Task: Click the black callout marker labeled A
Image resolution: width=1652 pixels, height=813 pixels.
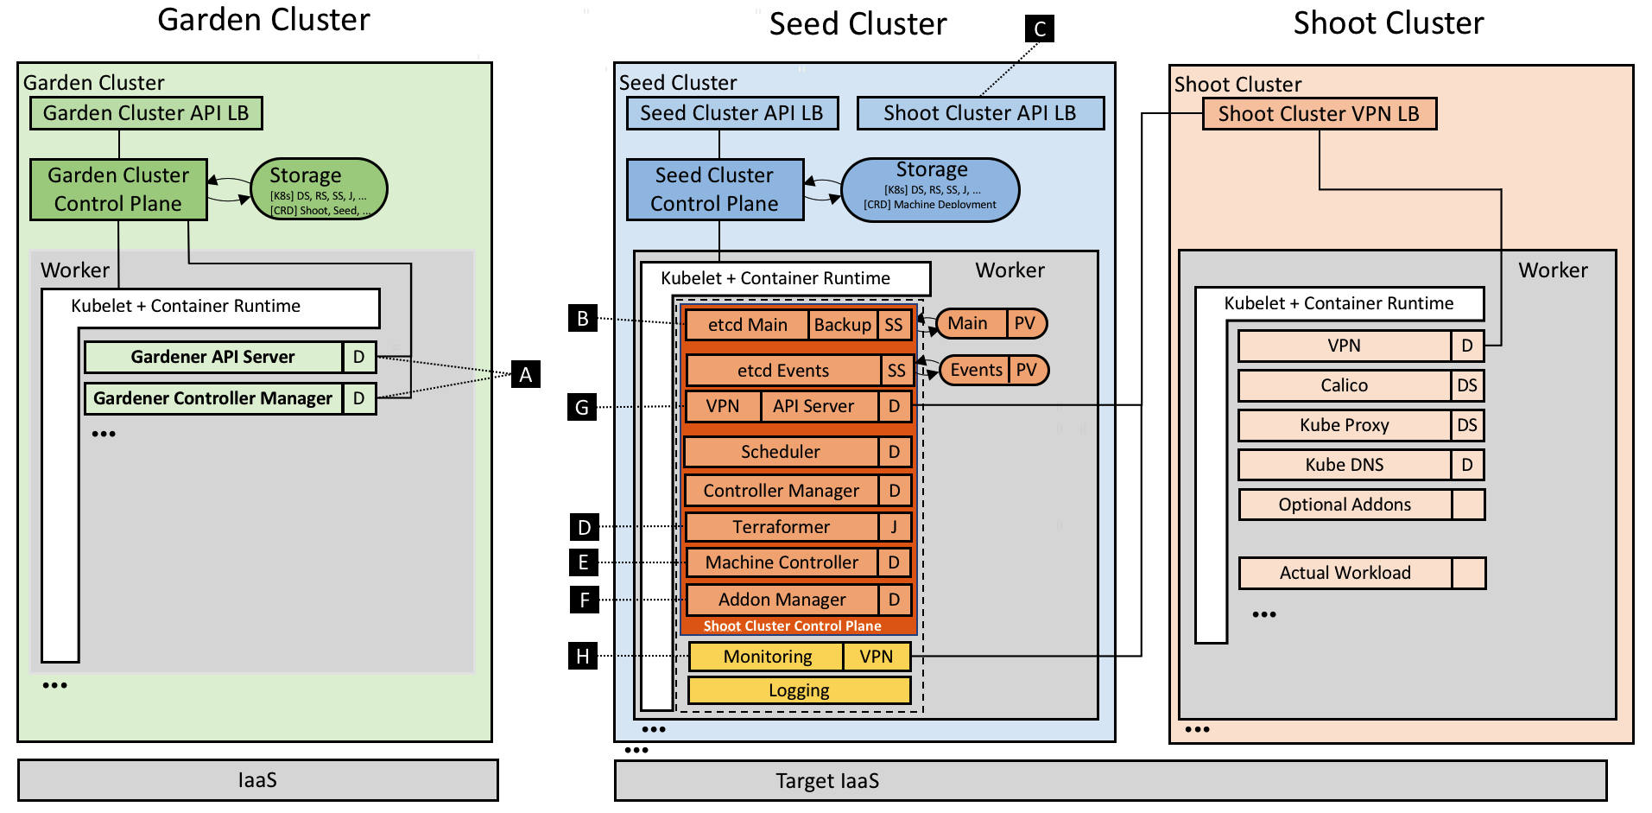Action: click(x=525, y=374)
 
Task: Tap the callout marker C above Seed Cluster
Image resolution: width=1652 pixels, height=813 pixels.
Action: click(x=1040, y=29)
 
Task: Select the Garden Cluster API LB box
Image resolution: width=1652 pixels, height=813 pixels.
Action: click(x=146, y=113)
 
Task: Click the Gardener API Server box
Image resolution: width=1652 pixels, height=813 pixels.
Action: click(x=213, y=357)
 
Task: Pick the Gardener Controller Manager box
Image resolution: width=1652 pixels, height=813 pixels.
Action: click(x=213, y=398)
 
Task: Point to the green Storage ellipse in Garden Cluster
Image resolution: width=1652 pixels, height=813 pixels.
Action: click(x=318, y=188)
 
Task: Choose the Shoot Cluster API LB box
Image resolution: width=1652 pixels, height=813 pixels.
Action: click(x=980, y=113)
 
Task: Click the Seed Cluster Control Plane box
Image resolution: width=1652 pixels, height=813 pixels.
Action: click(x=715, y=189)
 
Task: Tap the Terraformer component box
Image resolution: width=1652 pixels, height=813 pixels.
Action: click(x=782, y=527)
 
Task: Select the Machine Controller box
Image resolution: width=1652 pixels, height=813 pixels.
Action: click(x=782, y=562)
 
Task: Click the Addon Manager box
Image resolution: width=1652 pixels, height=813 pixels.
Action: click(x=782, y=600)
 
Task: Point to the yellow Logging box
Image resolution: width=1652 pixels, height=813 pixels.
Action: click(x=799, y=690)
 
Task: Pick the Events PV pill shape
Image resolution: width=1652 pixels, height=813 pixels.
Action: click(x=993, y=370)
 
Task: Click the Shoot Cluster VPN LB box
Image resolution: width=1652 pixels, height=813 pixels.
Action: click(x=1319, y=114)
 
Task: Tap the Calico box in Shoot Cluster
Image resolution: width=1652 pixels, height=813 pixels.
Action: click(x=1345, y=385)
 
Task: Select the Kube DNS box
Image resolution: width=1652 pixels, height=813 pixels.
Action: click(x=1345, y=465)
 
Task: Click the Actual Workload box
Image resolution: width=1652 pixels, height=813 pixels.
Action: click(x=1345, y=573)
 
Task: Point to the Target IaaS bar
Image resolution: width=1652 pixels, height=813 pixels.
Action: click(x=1110, y=781)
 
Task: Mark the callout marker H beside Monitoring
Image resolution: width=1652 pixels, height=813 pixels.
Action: click(x=583, y=657)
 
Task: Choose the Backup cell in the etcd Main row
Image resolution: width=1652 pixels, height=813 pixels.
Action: click(x=843, y=325)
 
